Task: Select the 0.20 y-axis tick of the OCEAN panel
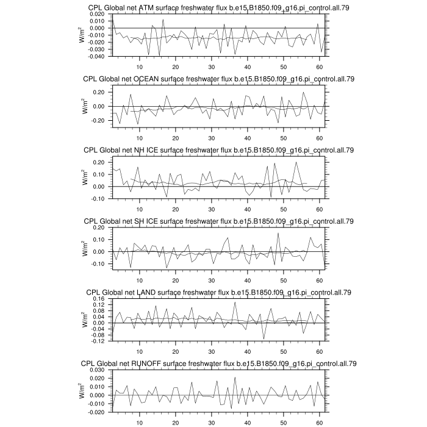[99, 92]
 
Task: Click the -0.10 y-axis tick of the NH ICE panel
[99, 199]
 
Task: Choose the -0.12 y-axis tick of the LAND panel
[99, 341]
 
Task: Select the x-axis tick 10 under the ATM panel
[140, 66]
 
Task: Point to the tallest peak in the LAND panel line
[235, 302]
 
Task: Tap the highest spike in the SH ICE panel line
[278, 233]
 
